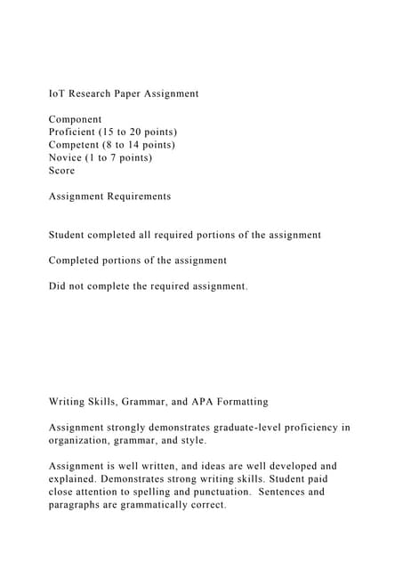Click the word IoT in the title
click(x=57, y=93)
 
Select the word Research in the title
click(x=95, y=93)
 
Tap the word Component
click(x=76, y=119)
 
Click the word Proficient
click(x=75, y=132)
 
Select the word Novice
click(x=68, y=157)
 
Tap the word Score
click(x=62, y=171)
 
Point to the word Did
click(x=58, y=286)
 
